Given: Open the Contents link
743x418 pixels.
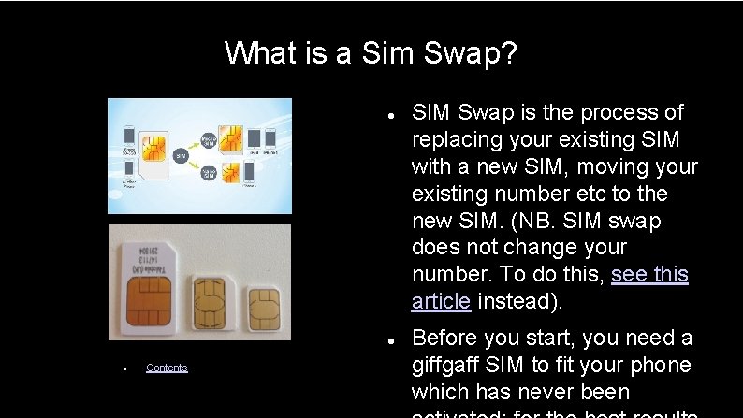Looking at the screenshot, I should coord(167,368).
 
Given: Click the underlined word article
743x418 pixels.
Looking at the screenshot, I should coord(441,301).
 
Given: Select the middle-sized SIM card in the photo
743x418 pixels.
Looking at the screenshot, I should coord(213,301).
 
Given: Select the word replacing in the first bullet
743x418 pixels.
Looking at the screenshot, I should coord(456,139).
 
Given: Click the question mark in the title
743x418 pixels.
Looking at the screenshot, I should coord(508,53).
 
